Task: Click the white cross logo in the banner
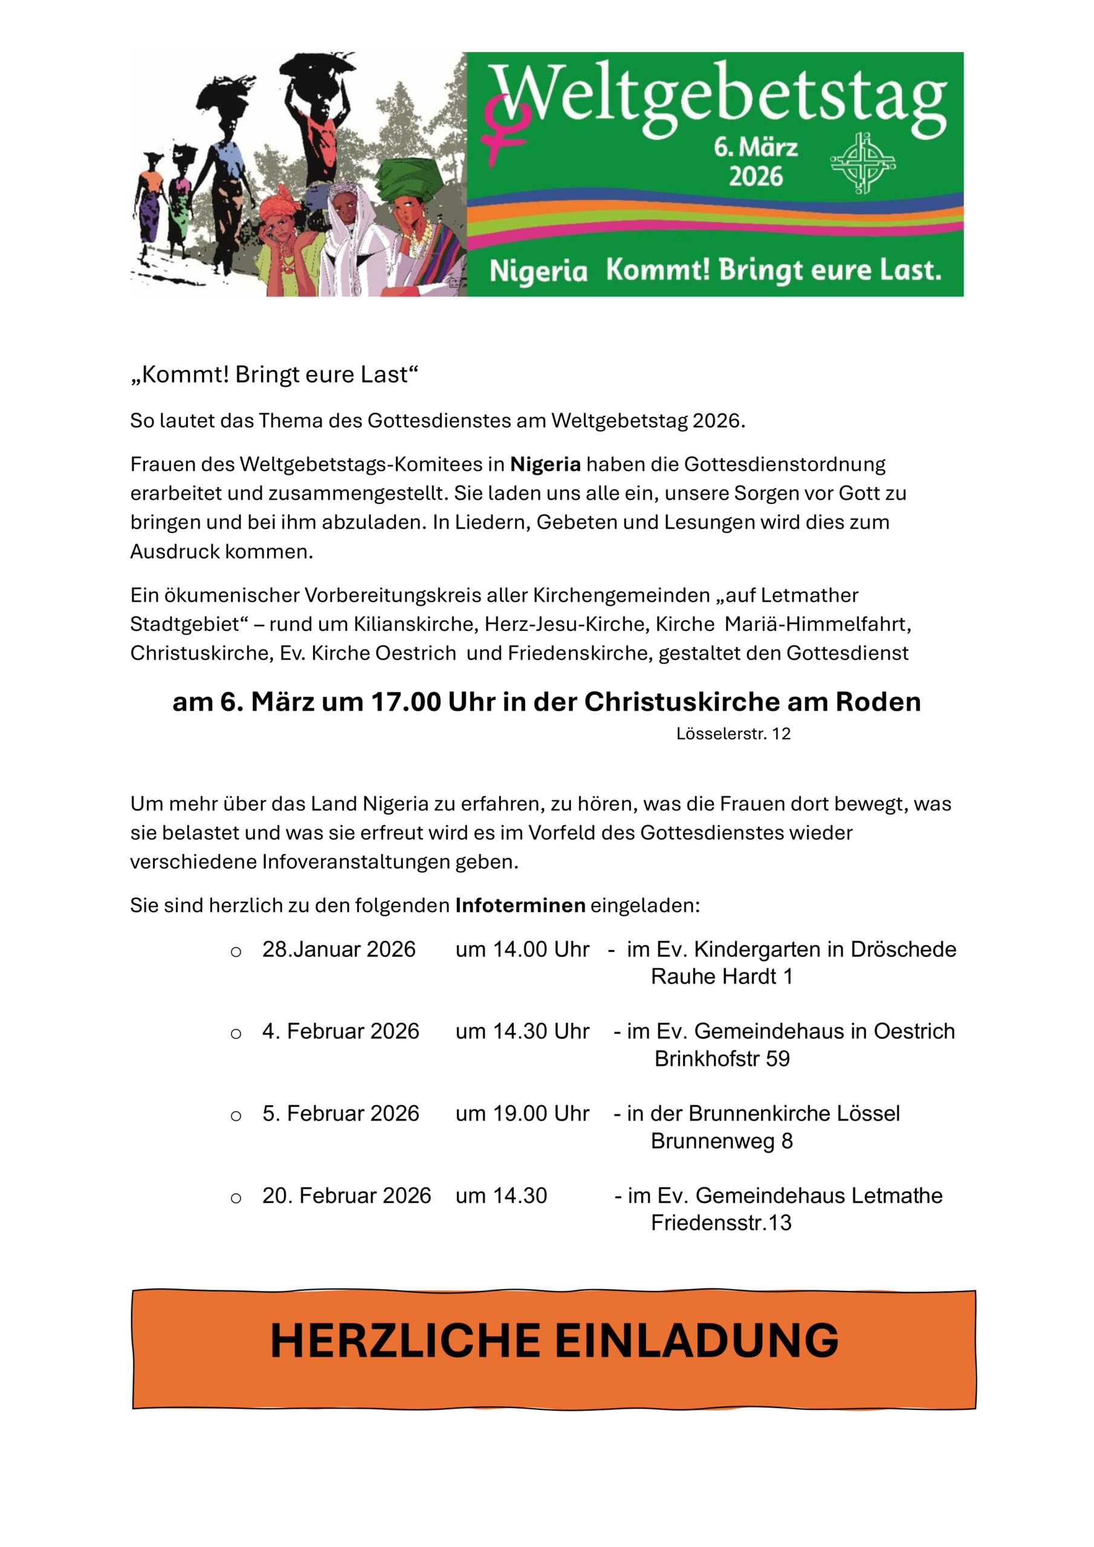tap(863, 163)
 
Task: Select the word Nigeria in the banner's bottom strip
tap(538, 271)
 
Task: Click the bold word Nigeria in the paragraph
tap(545, 464)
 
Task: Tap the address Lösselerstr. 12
tap(733, 734)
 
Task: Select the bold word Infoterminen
tap(520, 905)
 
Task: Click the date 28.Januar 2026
tap(338, 949)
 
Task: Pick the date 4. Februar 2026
tap(340, 1031)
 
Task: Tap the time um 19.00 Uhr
tap(522, 1113)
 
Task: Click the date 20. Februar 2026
tap(346, 1195)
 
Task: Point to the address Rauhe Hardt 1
tap(721, 977)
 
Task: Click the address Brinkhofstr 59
tap(721, 1059)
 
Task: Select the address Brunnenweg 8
tap(721, 1141)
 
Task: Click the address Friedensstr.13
tap(720, 1222)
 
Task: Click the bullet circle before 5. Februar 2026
tap(236, 1116)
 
